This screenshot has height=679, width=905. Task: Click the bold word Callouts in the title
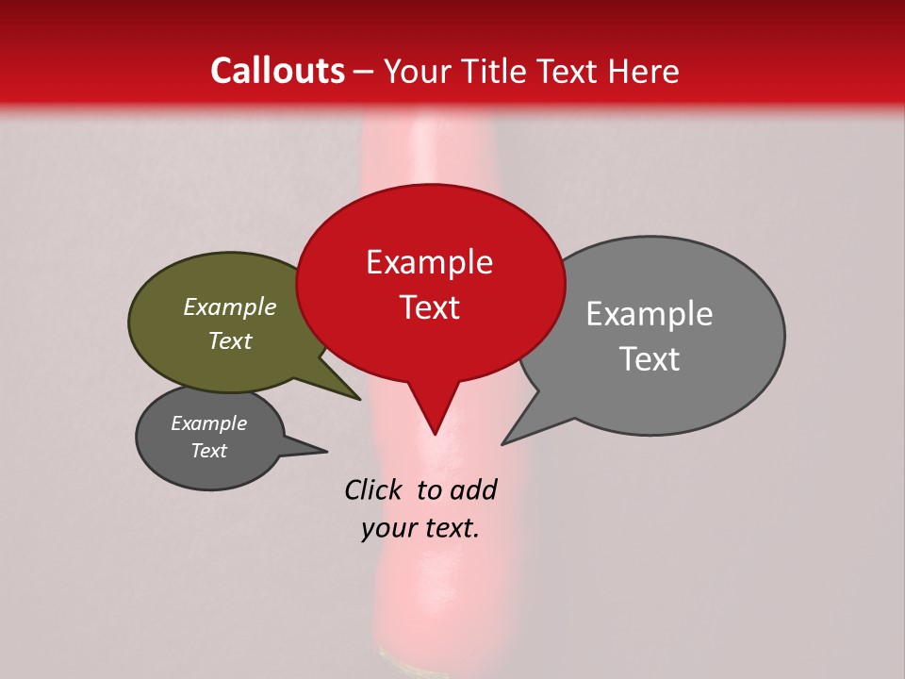click(x=277, y=71)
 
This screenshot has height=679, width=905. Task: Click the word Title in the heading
click(x=495, y=71)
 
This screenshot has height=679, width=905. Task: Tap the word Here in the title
click(x=644, y=71)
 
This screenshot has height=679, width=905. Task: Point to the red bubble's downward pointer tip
click(x=435, y=434)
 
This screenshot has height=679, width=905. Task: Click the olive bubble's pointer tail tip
click(x=359, y=399)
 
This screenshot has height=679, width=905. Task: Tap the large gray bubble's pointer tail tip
click(x=502, y=443)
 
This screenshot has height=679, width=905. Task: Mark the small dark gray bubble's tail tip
click(x=326, y=451)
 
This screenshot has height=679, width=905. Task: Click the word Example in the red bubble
click(x=429, y=262)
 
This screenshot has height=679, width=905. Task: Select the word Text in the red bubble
click(x=429, y=307)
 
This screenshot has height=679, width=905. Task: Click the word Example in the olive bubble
click(x=230, y=307)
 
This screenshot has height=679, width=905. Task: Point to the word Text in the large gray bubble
click(x=650, y=359)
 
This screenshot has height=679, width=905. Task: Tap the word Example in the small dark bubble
click(x=208, y=423)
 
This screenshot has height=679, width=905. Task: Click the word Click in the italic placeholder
click(x=373, y=489)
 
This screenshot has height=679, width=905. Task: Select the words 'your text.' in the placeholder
click(x=420, y=529)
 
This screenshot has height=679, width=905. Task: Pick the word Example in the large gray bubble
click(x=650, y=314)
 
